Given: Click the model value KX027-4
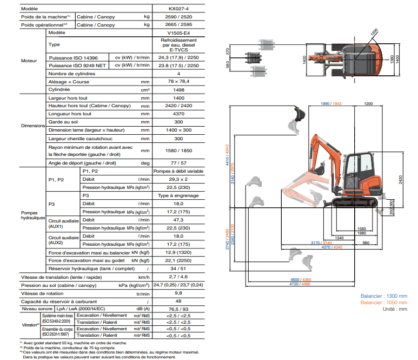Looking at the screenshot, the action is [178, 9].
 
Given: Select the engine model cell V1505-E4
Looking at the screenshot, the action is [178, 33].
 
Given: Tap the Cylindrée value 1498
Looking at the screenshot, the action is [178, 90].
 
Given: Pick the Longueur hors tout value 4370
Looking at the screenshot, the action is [178, 114].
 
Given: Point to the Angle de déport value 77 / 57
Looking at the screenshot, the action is [178, 163].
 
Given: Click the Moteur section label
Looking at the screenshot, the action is [29, 61].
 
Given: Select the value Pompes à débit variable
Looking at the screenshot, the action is [178, 171].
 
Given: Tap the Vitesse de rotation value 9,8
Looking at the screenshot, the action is [178, 293].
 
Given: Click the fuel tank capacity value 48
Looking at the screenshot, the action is [178, 301].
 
